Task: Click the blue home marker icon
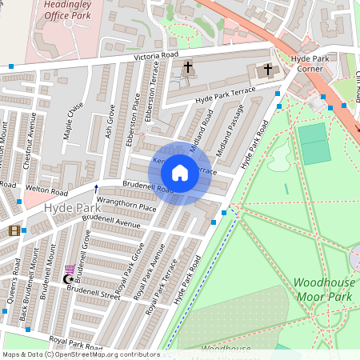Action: coord(180,172)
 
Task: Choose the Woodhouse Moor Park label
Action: coord(323,289)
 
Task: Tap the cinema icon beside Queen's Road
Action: coord(14,231)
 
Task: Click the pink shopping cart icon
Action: coord(70,270)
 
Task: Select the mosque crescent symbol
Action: coord(67,279)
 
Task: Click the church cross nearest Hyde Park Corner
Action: coord(268,70)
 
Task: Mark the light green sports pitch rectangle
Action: coord(314,144)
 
